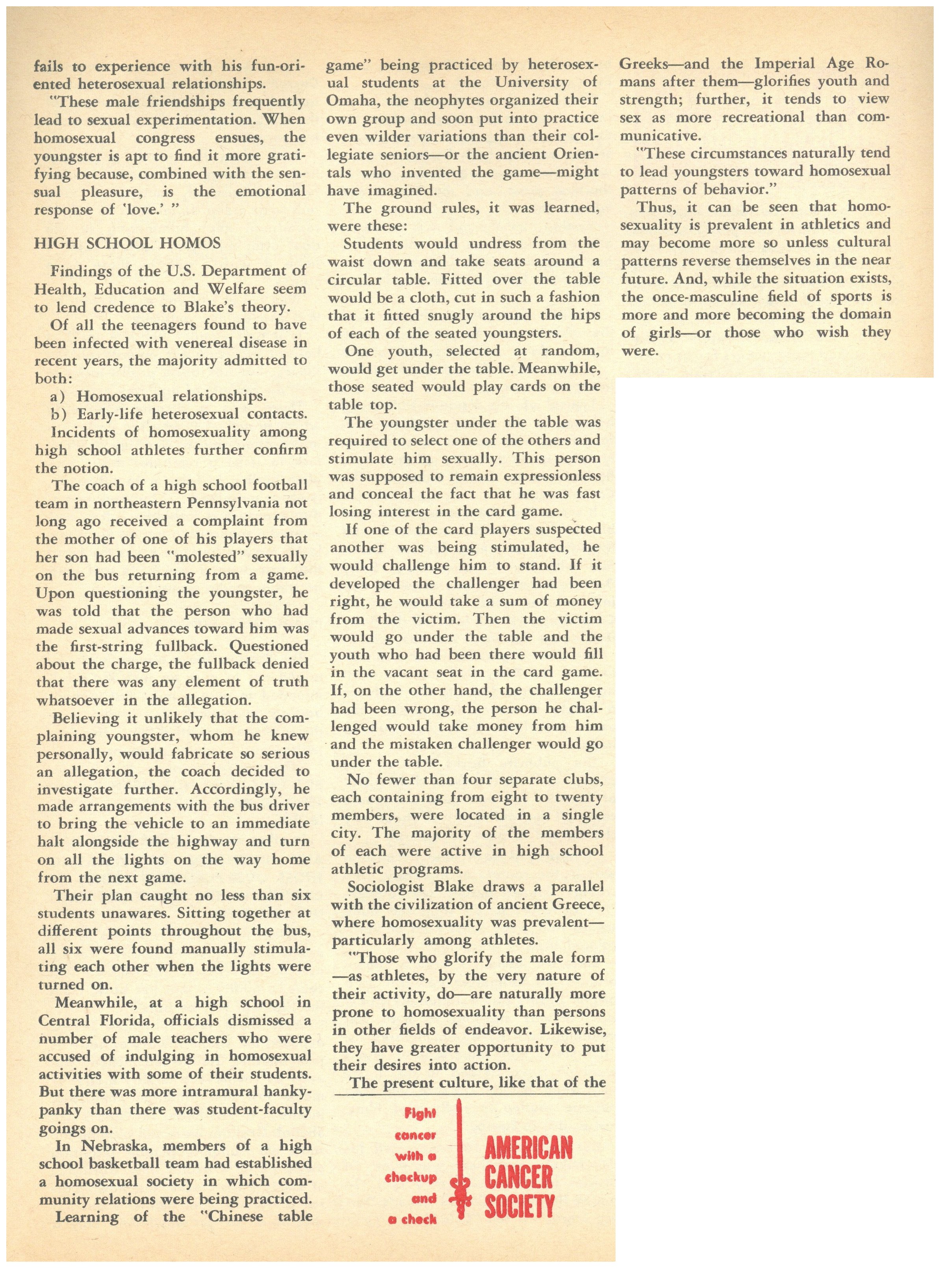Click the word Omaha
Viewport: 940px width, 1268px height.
coord(350,101)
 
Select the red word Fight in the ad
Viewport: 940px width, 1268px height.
coord(421,1114)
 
